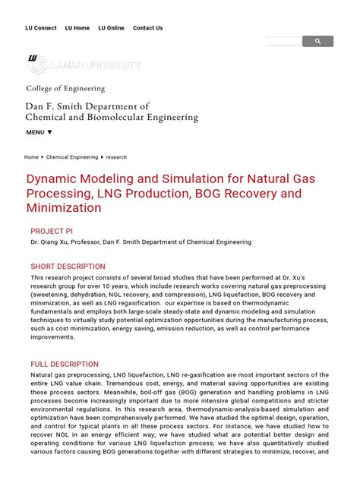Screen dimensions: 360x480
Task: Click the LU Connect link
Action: tap(40, 28)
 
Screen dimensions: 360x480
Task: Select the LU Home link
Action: tap(77, 28)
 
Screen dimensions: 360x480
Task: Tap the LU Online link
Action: tap(111, 28)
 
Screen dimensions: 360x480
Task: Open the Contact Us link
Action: tap(147, 28)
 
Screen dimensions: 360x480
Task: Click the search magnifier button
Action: tap(317, 42)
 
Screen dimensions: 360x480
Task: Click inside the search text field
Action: tap(283, 42)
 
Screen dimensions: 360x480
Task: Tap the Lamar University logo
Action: tap(84, 65)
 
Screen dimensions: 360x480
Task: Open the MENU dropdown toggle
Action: tap(39, 132)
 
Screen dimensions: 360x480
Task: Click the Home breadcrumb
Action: tap(31, 157)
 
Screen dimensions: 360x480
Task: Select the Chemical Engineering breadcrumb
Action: tap(72, 157)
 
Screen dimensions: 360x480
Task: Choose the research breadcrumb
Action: tap(116, 157)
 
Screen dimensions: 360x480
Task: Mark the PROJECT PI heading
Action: tap(51, 231)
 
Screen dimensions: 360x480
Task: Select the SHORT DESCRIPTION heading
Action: tap(68, 267)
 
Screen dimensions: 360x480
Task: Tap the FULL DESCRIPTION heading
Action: tap(65, 365)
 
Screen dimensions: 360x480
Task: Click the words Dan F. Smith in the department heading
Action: tap(53, 106)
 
